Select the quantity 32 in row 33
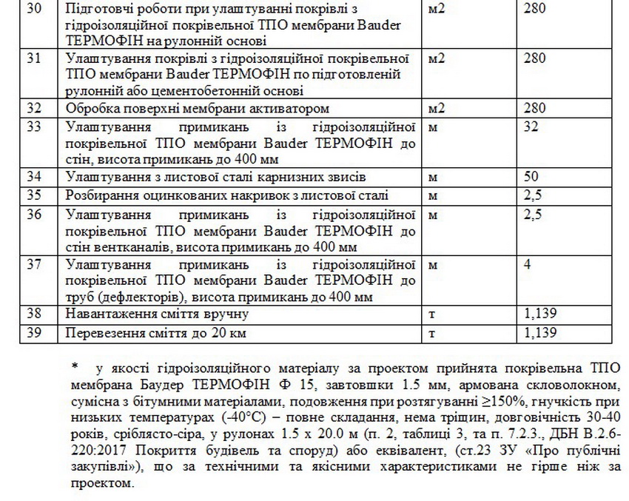(x=530, y=127)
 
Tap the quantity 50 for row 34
(x=530, y=177)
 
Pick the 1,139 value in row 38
(x=539, y=315)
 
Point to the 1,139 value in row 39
(x=539, y=332)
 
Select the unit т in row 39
(x=432, y=332)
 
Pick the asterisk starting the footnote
(x=74, y=366)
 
